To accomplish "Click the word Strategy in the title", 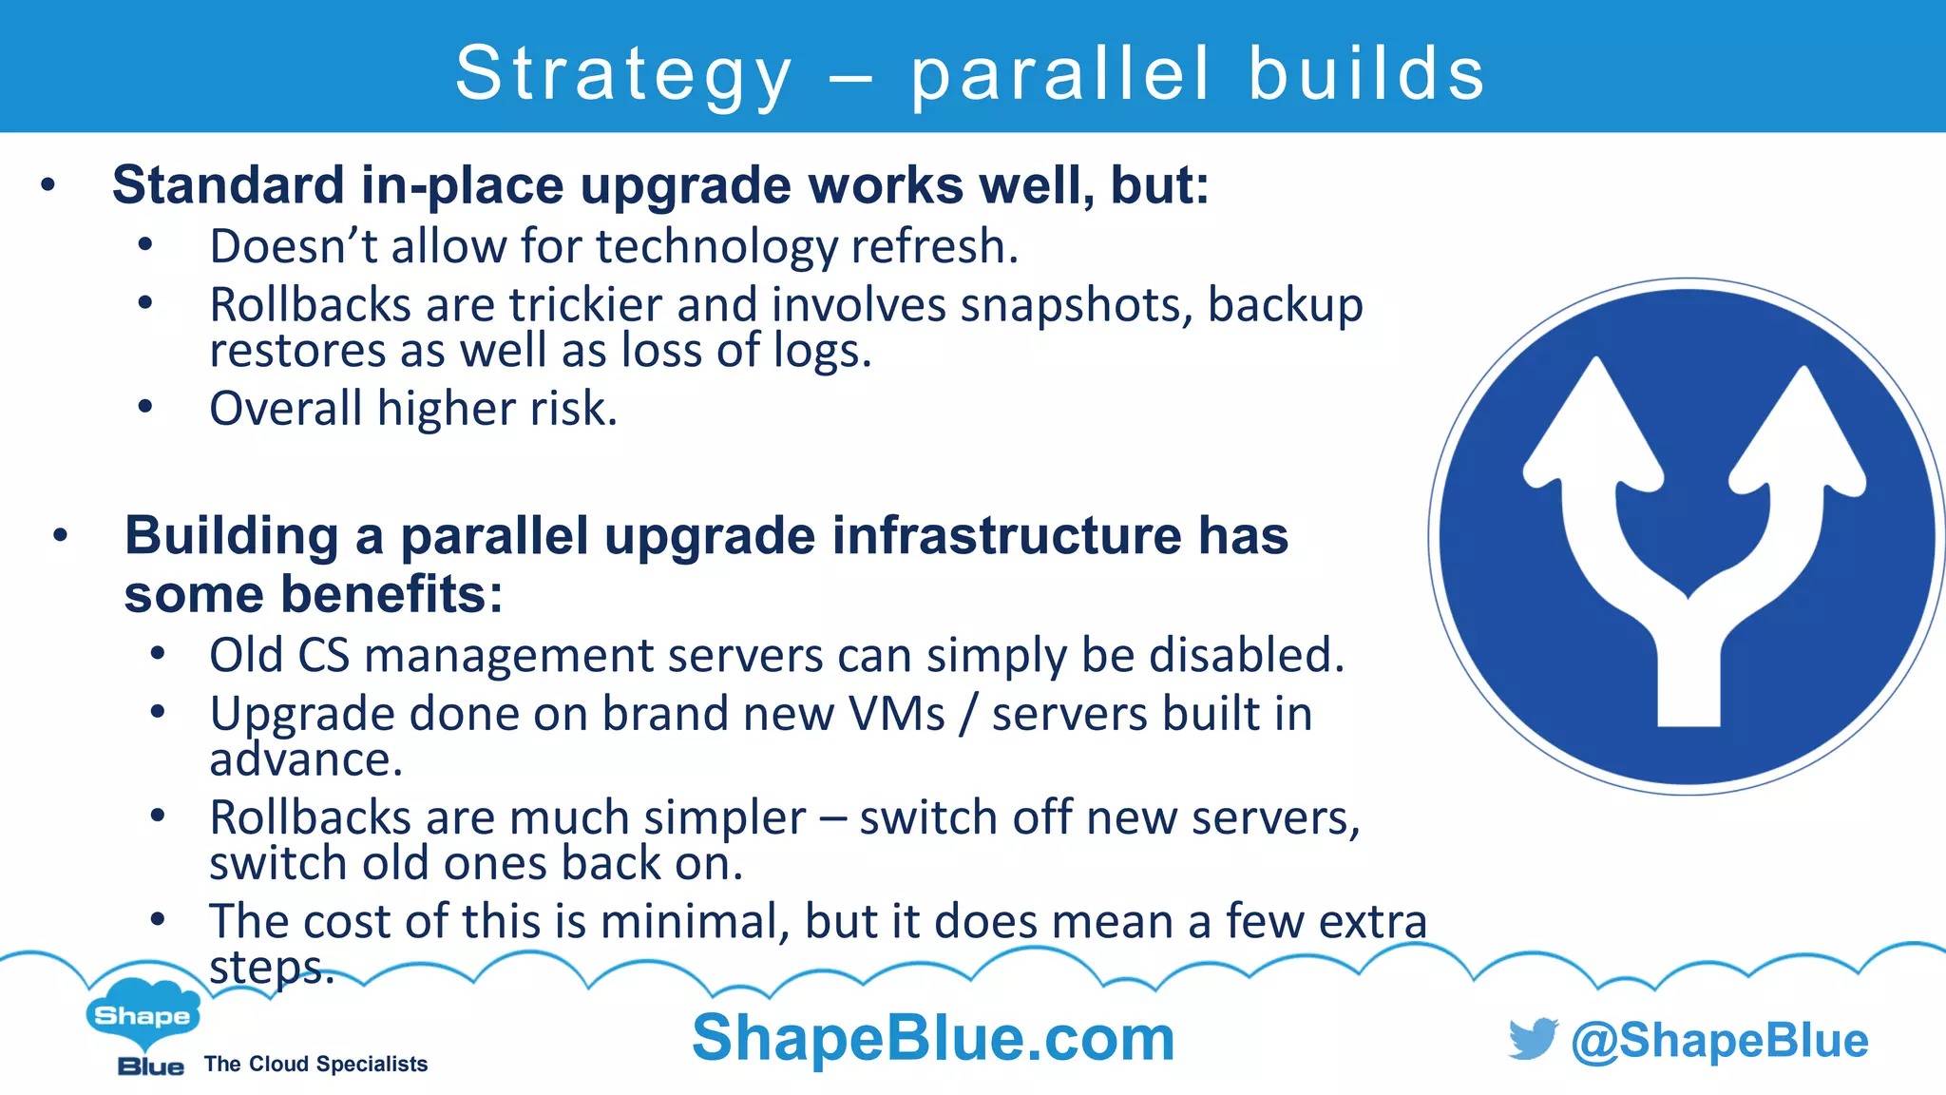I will pyautogui.click(x=623, y=74).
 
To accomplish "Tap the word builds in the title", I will pyautogui.click(x=1366, y=74).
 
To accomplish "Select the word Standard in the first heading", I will pyautogui.click(x=228, y=184).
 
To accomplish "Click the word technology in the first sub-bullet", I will pyautogui.click(x=718, y=246).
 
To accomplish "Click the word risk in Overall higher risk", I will pyautogui.click(x=573, y=409).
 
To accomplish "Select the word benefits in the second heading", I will pyautogui.click(x=391, y=594).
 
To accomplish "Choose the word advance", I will pyautogui.click(x=306, y=759).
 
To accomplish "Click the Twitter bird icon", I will pyautogui.click(x=1533, y=1039).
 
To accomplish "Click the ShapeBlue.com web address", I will pyautogui.click(x=933, y=1037).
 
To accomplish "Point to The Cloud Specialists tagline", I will pyautogui.click(x=315, y=1065).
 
